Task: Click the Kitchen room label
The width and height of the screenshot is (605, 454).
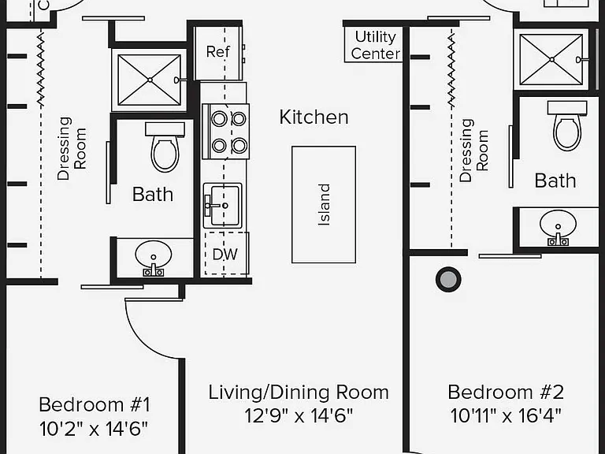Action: click(x=314, y=117)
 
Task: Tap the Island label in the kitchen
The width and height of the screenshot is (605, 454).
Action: click(x=324, y=205)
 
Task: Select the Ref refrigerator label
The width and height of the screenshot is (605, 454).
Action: click(x=217, y=51)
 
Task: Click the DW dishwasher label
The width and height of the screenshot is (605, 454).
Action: click(x=225, y=254)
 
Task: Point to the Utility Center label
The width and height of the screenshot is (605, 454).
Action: click(x=376, y=45)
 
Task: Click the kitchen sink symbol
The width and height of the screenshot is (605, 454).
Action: click(x=222, y=206)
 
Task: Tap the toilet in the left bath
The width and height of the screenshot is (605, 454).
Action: click(x=165, y=147)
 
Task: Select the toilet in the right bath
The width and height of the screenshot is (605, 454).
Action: click(x=567, y=125)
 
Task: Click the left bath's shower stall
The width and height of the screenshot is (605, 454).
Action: click(x=150, y=80)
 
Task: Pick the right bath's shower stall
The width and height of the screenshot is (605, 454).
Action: click(x=551, y=59)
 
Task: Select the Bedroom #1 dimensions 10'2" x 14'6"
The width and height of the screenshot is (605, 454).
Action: click(x=94, y=429)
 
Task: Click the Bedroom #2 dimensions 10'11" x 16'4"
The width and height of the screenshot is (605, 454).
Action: click(x=506, y=416)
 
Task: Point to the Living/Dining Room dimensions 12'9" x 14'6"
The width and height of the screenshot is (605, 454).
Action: click(x=299, y=416)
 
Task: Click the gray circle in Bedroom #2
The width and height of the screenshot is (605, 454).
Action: click(x=448, y=280)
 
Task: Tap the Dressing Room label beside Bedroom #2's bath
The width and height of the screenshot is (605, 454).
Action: click(x=474, y=151)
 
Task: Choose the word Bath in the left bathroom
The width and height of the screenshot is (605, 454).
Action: click(x=153, y=194)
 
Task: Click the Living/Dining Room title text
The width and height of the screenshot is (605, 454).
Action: click(x=299, y=393)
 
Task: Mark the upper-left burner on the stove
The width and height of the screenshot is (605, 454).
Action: click(x=219, y=119)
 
